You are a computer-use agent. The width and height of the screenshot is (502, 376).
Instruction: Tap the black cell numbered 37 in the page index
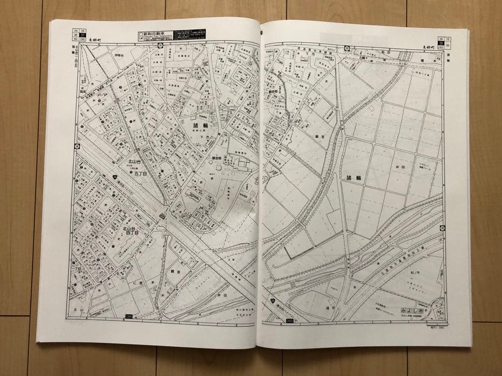83,35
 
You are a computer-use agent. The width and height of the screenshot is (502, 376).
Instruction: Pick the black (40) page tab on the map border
290,321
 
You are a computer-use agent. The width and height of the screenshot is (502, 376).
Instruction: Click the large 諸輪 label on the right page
354,177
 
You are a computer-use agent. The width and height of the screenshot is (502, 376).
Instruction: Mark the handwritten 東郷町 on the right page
430,47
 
